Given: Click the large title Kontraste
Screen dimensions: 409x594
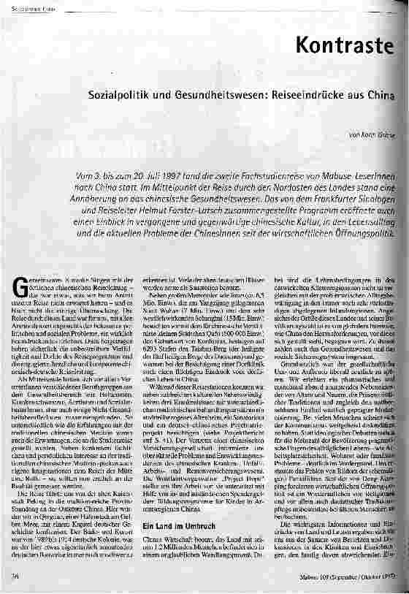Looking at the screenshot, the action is click(351, 45).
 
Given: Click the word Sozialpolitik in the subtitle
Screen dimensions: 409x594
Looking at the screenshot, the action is click(118, 96).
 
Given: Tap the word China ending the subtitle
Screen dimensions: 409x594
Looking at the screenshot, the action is click(379, 96).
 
